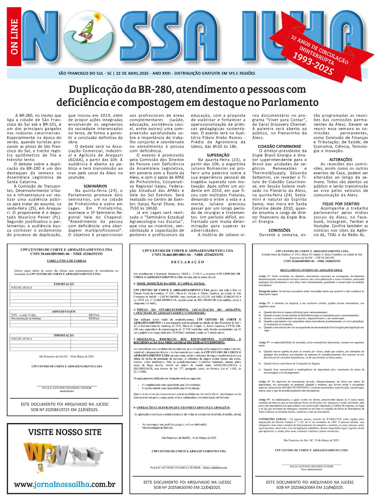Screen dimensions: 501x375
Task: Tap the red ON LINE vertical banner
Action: point(14,37)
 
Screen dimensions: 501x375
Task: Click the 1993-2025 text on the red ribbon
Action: point(313,64)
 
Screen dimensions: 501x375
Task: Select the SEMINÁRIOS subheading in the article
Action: point(95,186)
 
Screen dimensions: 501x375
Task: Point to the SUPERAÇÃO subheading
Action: point(218,155)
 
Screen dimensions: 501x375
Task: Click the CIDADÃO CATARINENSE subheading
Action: point(279,146)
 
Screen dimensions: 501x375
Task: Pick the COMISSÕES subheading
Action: point(279,230)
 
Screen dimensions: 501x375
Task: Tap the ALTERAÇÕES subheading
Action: point(341,159)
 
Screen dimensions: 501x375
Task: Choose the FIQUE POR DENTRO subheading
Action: point(341,204)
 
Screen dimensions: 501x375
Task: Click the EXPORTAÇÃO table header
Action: point(64,284)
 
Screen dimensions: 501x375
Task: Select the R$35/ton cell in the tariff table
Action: point(94,315)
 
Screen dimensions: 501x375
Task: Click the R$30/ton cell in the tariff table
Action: point(94,318)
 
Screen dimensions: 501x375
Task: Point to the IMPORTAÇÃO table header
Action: point(64,335)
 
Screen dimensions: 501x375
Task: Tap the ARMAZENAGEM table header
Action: point(64,312)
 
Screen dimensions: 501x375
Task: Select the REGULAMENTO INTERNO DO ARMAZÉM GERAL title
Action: point(311,270)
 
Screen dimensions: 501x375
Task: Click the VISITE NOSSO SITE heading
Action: point(65,432)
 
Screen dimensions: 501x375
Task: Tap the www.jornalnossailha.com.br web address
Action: point(65,484)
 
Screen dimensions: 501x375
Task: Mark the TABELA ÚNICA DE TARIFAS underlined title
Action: point(66,261)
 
